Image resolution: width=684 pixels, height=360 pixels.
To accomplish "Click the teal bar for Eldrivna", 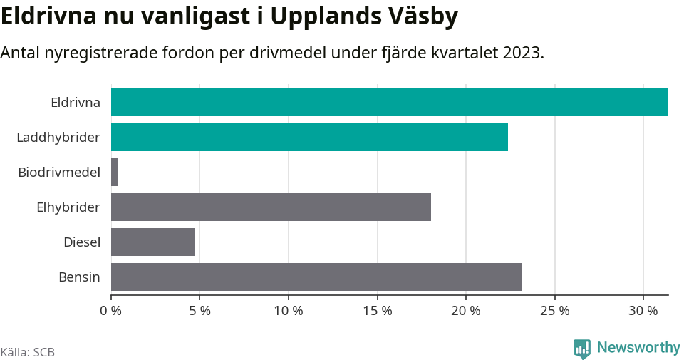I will point(389,102).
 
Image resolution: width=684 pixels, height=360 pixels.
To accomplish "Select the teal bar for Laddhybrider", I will point(309,137).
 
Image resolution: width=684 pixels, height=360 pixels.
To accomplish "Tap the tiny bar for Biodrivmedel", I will point(115,173).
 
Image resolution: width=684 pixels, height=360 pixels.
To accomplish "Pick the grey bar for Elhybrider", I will point(271,207).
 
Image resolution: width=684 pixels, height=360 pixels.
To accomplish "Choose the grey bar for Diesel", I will point(152,242).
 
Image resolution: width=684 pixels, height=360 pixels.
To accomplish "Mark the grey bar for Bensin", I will point(316,277).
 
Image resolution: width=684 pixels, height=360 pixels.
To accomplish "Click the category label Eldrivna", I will point(76,102).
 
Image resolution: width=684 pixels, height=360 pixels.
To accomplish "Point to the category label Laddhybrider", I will point(58,137).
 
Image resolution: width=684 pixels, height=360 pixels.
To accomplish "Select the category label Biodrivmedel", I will point(59,172).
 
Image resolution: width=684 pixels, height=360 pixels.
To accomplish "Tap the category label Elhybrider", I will point(68,207).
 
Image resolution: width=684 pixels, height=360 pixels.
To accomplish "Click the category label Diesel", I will point(82,242).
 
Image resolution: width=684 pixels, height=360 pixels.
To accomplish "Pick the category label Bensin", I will point(79,277).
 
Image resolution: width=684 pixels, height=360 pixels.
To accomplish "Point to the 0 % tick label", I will point(111,311).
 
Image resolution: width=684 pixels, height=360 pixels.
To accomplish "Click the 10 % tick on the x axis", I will point(289,311).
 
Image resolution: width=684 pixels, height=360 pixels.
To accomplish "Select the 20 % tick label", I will point(466,311).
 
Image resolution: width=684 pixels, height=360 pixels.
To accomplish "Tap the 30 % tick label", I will point(643,311).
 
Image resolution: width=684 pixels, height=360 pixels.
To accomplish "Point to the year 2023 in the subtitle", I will point(520,53).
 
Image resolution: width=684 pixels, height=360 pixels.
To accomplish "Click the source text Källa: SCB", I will point(28,352).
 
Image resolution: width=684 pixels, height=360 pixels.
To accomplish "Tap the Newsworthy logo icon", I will point(582,348).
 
